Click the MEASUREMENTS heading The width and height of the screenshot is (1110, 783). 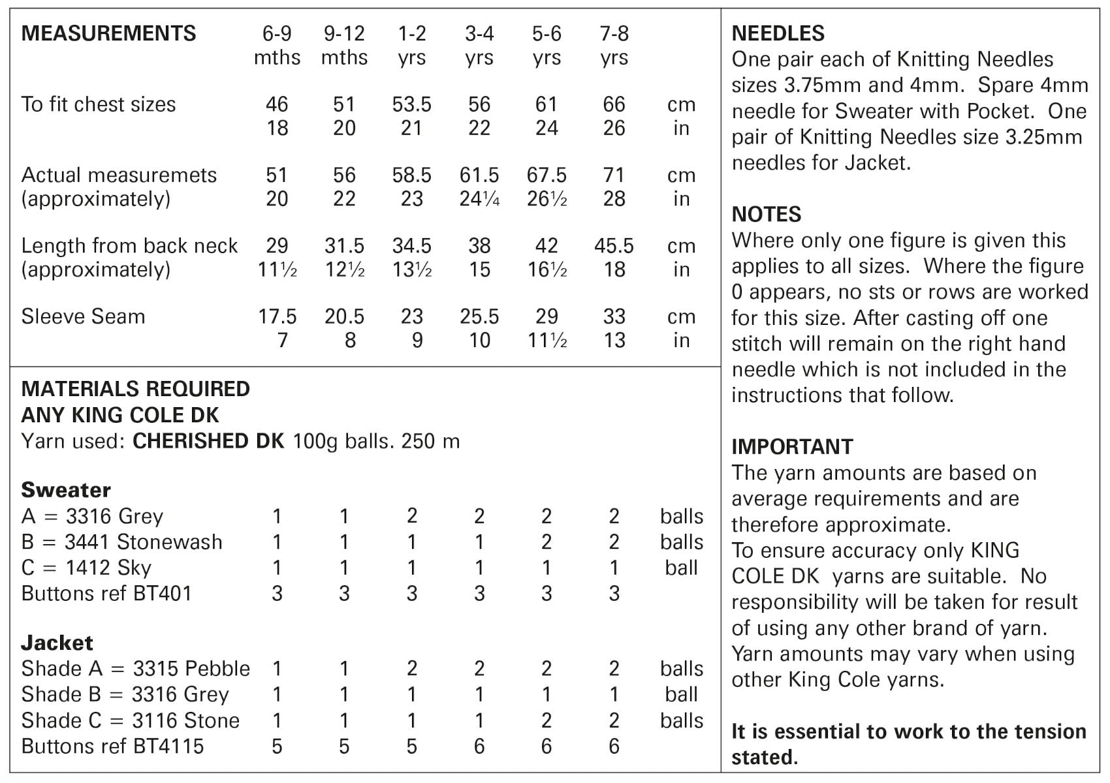[108, 33]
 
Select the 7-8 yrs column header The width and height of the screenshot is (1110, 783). [614, 45]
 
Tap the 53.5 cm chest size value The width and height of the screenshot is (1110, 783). [411, 104]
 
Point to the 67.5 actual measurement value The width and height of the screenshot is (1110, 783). [547, 175]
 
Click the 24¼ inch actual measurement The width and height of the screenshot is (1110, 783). [479, 199]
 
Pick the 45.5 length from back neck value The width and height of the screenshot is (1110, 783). [614, 246]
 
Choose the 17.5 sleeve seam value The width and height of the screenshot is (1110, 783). [277, 316]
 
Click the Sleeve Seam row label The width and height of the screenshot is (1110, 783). [83, 316]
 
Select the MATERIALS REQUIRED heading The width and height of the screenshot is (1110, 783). [135, 389]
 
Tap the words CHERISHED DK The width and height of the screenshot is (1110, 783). [208, 441]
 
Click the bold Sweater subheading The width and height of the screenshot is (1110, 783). [66, 490]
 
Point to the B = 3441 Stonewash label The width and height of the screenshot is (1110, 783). [121, 542]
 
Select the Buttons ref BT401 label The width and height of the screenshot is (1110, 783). [106, 593]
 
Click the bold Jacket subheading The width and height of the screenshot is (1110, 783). [57, 643]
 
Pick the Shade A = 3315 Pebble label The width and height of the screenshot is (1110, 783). [135, 669]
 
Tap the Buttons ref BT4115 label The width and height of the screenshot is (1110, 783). [112, 746]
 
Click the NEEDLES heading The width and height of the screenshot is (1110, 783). [778, 33]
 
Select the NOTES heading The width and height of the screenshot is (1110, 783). [766, 214]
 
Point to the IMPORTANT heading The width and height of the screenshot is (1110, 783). [792, 446]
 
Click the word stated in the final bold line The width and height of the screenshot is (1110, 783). [762, 758]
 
